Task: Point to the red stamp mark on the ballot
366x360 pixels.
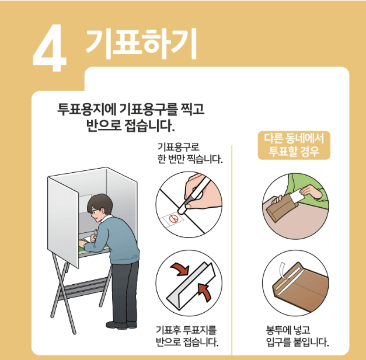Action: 172,219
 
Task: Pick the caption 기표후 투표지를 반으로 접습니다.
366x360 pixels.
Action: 187,335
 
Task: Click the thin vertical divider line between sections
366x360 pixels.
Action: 233,245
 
